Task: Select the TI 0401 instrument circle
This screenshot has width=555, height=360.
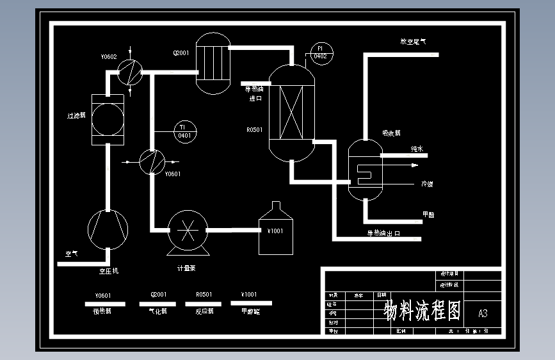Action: click(x=184, y=131)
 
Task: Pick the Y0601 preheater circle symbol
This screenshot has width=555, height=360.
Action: click(x=152, y=161)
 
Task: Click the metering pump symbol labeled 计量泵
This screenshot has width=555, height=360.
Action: click(x=188, y=230)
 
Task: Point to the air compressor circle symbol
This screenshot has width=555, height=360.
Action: click(x=108, y=229)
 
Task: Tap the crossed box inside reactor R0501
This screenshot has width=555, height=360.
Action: click(x=291, y=113)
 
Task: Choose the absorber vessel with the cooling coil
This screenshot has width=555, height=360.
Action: click(x=365, y=170)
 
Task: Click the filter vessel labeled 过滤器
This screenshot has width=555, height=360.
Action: click(x=108, y=119)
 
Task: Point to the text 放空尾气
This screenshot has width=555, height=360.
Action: click(x=413, y=42)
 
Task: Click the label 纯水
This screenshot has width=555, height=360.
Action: click(x=417, y=149)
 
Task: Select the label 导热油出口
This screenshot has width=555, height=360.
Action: click(x=383, y=233)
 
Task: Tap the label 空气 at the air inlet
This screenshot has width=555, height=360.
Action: click(x=71, y=254)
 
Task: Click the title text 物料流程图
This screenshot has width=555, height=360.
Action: click(x=422, y=311)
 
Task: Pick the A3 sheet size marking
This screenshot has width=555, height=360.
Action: click(x=483, y=313)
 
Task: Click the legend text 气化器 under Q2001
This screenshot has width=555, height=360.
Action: click(x=157, y=311)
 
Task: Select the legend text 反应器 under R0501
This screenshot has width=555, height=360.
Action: click(x=204, y=311)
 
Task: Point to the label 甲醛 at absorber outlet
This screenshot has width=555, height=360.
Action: click(x=428, y=215)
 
